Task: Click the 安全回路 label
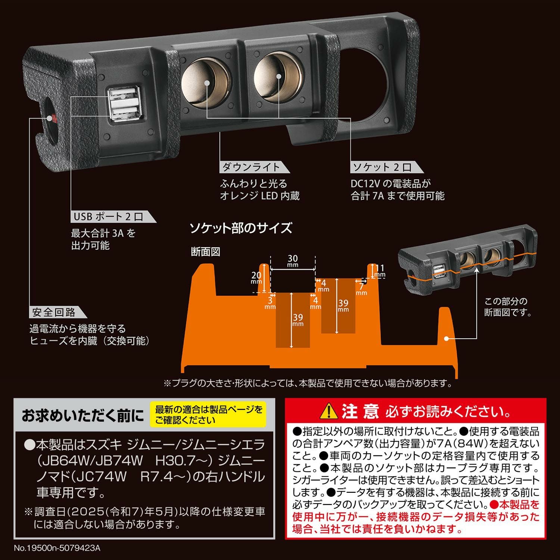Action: pos(54,312)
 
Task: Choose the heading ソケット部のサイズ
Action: pos(241,228)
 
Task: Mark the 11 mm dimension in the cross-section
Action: pos(380,270)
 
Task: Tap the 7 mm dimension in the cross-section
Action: pos(361,289)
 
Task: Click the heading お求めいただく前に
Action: pos(83,416)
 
